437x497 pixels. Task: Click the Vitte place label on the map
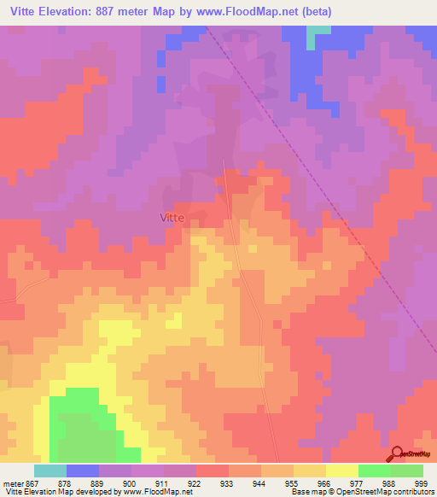(172, 218)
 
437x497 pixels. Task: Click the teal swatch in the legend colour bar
(50, 471)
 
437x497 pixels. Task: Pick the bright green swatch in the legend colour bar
(374, 471)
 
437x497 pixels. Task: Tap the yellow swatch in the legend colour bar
(341, 471)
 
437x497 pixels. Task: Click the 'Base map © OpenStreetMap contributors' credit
(361, 492)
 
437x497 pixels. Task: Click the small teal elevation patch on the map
(318, 30)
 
